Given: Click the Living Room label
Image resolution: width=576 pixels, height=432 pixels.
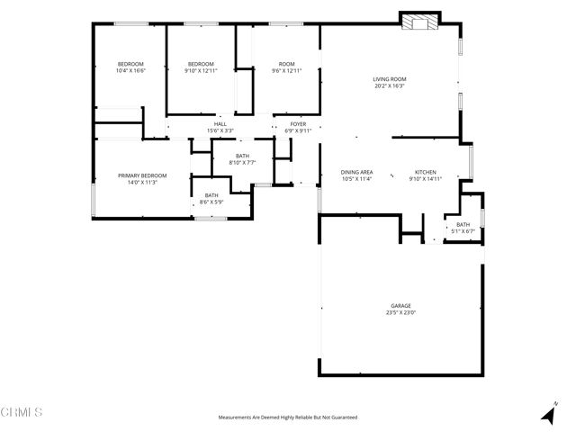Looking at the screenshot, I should pyautogui.click(x=390, y=79).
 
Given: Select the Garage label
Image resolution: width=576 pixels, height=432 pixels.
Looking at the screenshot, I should pyautogui.click(x=400, y=306).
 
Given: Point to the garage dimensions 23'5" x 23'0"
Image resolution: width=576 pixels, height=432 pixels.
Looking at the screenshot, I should pyautogui.click(x=400, y=313).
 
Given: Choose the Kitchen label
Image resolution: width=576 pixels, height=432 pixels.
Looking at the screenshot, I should pyautogui.click(x=425, y=172).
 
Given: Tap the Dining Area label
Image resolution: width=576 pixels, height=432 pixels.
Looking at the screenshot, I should pyautogui.click(x=356, y=172).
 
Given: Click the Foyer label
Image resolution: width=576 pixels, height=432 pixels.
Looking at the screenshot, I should pyautogui.click(x=298, y=123).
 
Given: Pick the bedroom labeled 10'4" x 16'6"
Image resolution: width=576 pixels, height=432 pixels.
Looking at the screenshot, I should pyautogui.click(x=130, y=64).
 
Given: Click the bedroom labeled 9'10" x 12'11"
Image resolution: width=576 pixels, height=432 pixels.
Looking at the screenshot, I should pyautogui.click(x=201, y=64).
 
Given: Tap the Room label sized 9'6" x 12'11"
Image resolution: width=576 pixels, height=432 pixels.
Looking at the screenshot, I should pyautogui.click(x=287, y=64).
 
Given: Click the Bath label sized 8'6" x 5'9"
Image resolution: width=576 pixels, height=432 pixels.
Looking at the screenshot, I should pyautogui.click(x=211, y=195).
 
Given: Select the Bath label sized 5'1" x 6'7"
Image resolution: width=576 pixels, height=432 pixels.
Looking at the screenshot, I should pyautogui.click(x=463, y=225).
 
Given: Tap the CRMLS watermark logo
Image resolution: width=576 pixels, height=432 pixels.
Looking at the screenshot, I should pyautogui.click(x=22, y=412).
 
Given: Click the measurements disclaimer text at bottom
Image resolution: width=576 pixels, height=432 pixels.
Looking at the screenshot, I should pyautogui.click(x=288, y=418).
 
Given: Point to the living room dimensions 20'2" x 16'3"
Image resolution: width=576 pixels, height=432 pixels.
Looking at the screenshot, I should pyautogui.click(x=390, y=86).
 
